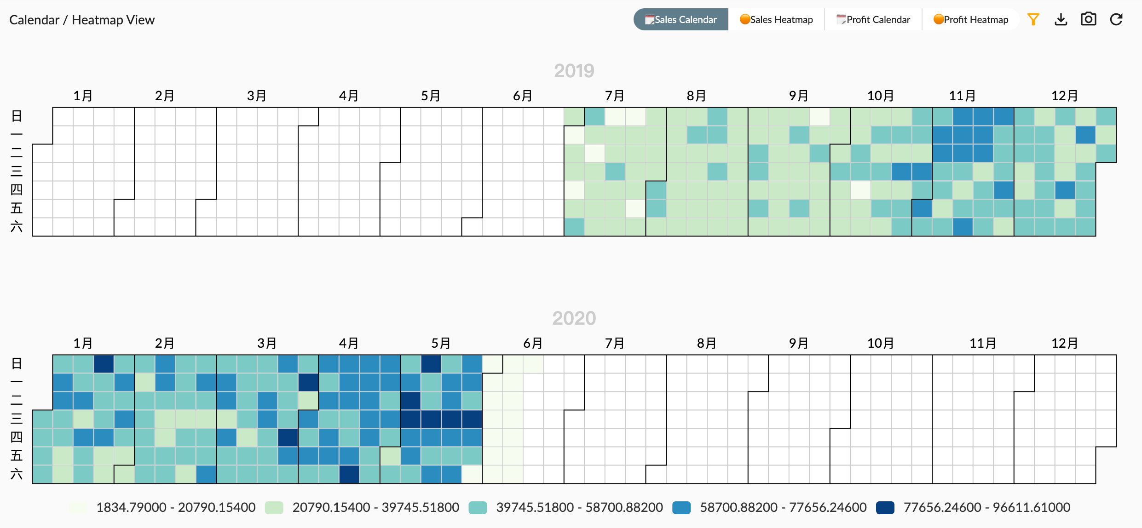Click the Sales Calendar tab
pyautogui.click(x=681, y=20)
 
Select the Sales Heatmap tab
pyautogui.click(x=776, y=20)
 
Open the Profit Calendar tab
pyautogui.click(x=873, y=20)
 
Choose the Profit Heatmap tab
pyautogui.click(x=971, y=20)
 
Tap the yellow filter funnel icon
pyautogui.click(x=1033, y=19)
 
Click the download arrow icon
pyautogui.click(x=1061, y=19)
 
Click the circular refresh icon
pyautogui.click(x=1116, y=19)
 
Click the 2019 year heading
pyautogui.click(x=574, y=71)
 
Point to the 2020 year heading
pyautogui.click(x=574, y=318)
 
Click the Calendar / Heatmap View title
pyautogui.click(x=82, y=20)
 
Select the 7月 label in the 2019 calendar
pyautogui.click(x=615, y=96)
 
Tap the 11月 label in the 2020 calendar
pyautogui.click(x=983, y=343)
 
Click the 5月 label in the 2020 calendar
pyautogui.click(x=441, y=343)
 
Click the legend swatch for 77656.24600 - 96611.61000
pyautogui.click(x=885, y=508)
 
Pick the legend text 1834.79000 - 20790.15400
pyautogui.click(x=176, y=507)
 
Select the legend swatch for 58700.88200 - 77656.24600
pyautogui.click(x=681, y=508)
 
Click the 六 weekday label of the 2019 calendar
pyautogui.click(x=17, y=227)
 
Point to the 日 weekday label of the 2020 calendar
pyautogui.click(x=17, y=364)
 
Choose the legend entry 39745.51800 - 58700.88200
pyautogui.click(x=579, y=507)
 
